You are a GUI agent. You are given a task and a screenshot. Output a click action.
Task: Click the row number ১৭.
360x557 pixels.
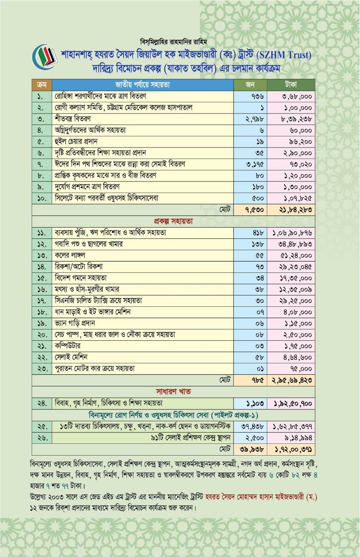pyautogui.click(x=42, y=301)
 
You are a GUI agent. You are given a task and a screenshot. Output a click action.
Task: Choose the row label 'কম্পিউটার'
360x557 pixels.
pyautogui.click(x=70, y=346)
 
